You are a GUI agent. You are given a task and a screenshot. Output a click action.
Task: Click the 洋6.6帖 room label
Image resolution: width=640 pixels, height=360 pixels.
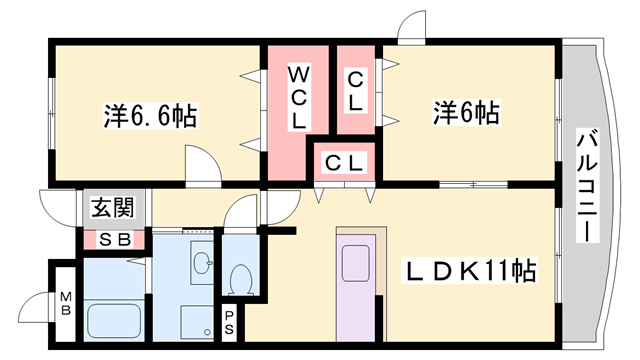[x=149, y=115]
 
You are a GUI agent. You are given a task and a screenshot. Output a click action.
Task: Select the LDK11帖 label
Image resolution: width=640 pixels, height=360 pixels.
[x=470, y=270]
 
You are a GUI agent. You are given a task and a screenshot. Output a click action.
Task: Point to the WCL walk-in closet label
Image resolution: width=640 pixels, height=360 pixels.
[x=299, y=97]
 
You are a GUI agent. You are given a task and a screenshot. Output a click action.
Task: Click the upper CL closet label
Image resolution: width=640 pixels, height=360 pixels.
[x=355, y=90]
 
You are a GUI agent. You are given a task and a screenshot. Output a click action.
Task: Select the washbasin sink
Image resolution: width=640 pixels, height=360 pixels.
[x=203, y=264]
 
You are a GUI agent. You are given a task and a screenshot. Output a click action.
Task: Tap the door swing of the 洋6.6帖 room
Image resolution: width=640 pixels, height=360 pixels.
[x=200, y=165]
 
